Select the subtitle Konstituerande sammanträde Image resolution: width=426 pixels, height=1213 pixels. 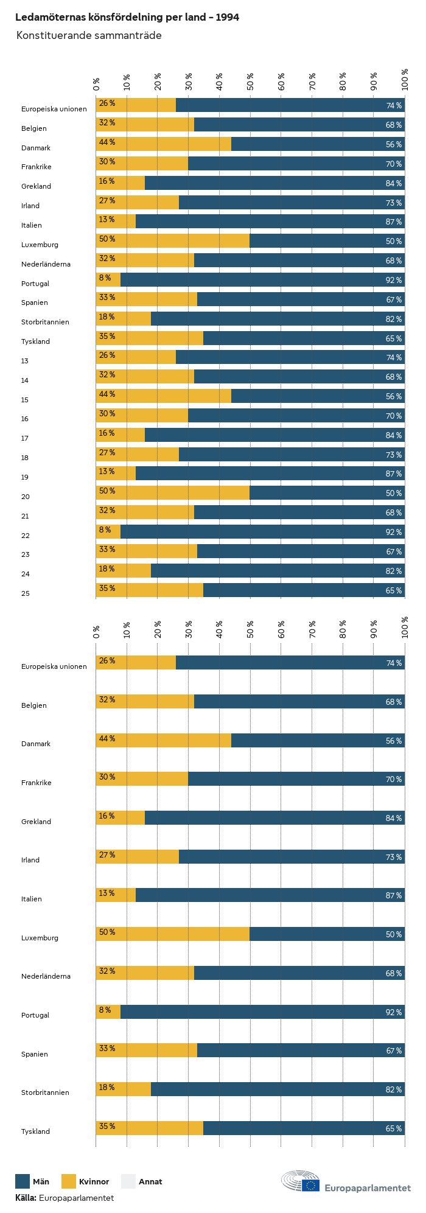coord(89,35)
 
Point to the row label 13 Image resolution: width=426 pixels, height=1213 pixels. coord(25,361)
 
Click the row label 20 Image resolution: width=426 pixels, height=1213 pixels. coord(26,497)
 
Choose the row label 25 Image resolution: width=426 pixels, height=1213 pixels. coord(26,593)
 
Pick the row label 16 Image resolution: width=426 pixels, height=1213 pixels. coord(25,419)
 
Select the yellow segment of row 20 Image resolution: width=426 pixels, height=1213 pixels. coord(173,493)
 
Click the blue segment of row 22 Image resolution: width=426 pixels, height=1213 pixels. coord(262,532)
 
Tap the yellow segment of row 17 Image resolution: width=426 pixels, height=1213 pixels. coord(120,435)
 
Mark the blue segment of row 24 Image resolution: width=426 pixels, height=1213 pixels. coord(278,571)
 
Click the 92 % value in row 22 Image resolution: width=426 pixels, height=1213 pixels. coord(394,533)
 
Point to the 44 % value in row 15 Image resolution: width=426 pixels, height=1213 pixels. coord(107,394)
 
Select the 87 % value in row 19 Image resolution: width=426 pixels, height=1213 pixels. coord(394,474)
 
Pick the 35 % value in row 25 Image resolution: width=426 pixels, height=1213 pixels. coord(107,589)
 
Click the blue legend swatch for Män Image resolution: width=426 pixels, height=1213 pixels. coord(23,1181)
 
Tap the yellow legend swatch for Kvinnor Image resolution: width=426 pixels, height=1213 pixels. coord(69,1181)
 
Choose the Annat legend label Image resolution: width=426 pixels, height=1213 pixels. coord(150,1182)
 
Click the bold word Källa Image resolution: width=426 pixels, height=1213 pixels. coord(26,1198)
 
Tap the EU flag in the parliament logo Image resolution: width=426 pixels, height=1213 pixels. coord(310,1185)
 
